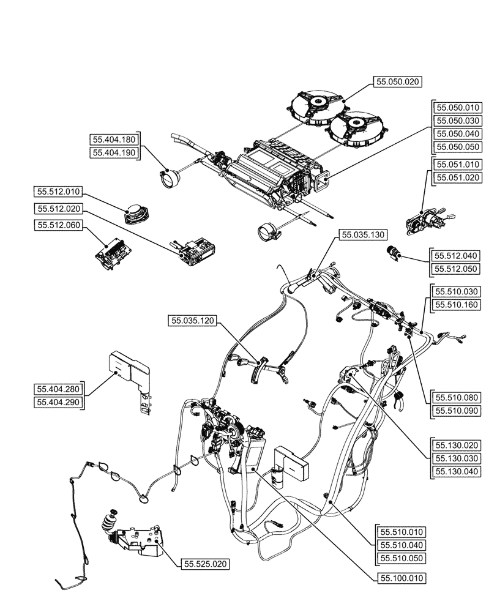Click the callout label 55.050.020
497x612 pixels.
click(399, 81)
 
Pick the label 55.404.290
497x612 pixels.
click(60, 402)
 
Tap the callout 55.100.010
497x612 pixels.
click(402, 578)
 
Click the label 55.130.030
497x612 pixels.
click(457, 458)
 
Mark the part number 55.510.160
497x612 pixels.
click(457, 304)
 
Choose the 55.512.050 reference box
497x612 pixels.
click(457, 269)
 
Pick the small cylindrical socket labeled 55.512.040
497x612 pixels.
click(392, 253)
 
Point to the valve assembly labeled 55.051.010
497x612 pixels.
click(422, 221)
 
